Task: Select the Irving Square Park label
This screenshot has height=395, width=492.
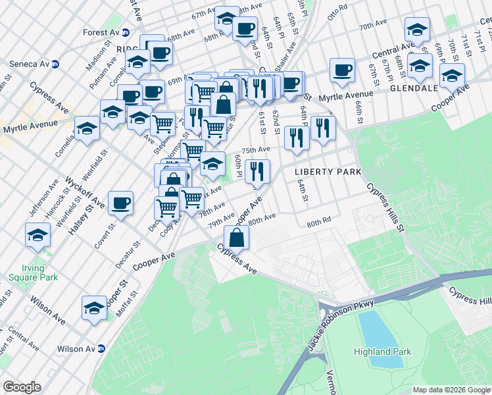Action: pyautogui.click(x=28, y=273)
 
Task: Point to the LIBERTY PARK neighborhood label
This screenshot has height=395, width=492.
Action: pyautogui.click(x=328, y=172)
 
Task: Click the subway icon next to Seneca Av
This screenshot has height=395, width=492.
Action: pyautogui.click(x=55, y=65)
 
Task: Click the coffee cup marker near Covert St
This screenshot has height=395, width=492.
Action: pyautogui.click(x=121, y=203)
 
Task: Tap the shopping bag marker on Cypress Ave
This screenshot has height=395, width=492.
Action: pyautogui.click(x=237, y=237)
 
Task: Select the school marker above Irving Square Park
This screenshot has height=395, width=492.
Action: pyautogui.click(x=37, y=234)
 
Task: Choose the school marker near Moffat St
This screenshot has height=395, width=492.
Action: pyautogui.click(x=94, y=307)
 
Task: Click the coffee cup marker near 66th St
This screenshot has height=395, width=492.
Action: pyautogui.click(x=342, y=70)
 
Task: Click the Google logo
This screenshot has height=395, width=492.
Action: pyautogui.click(x=22, y=387)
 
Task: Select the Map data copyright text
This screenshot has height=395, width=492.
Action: pyautogui.click(x=451, y=390)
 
